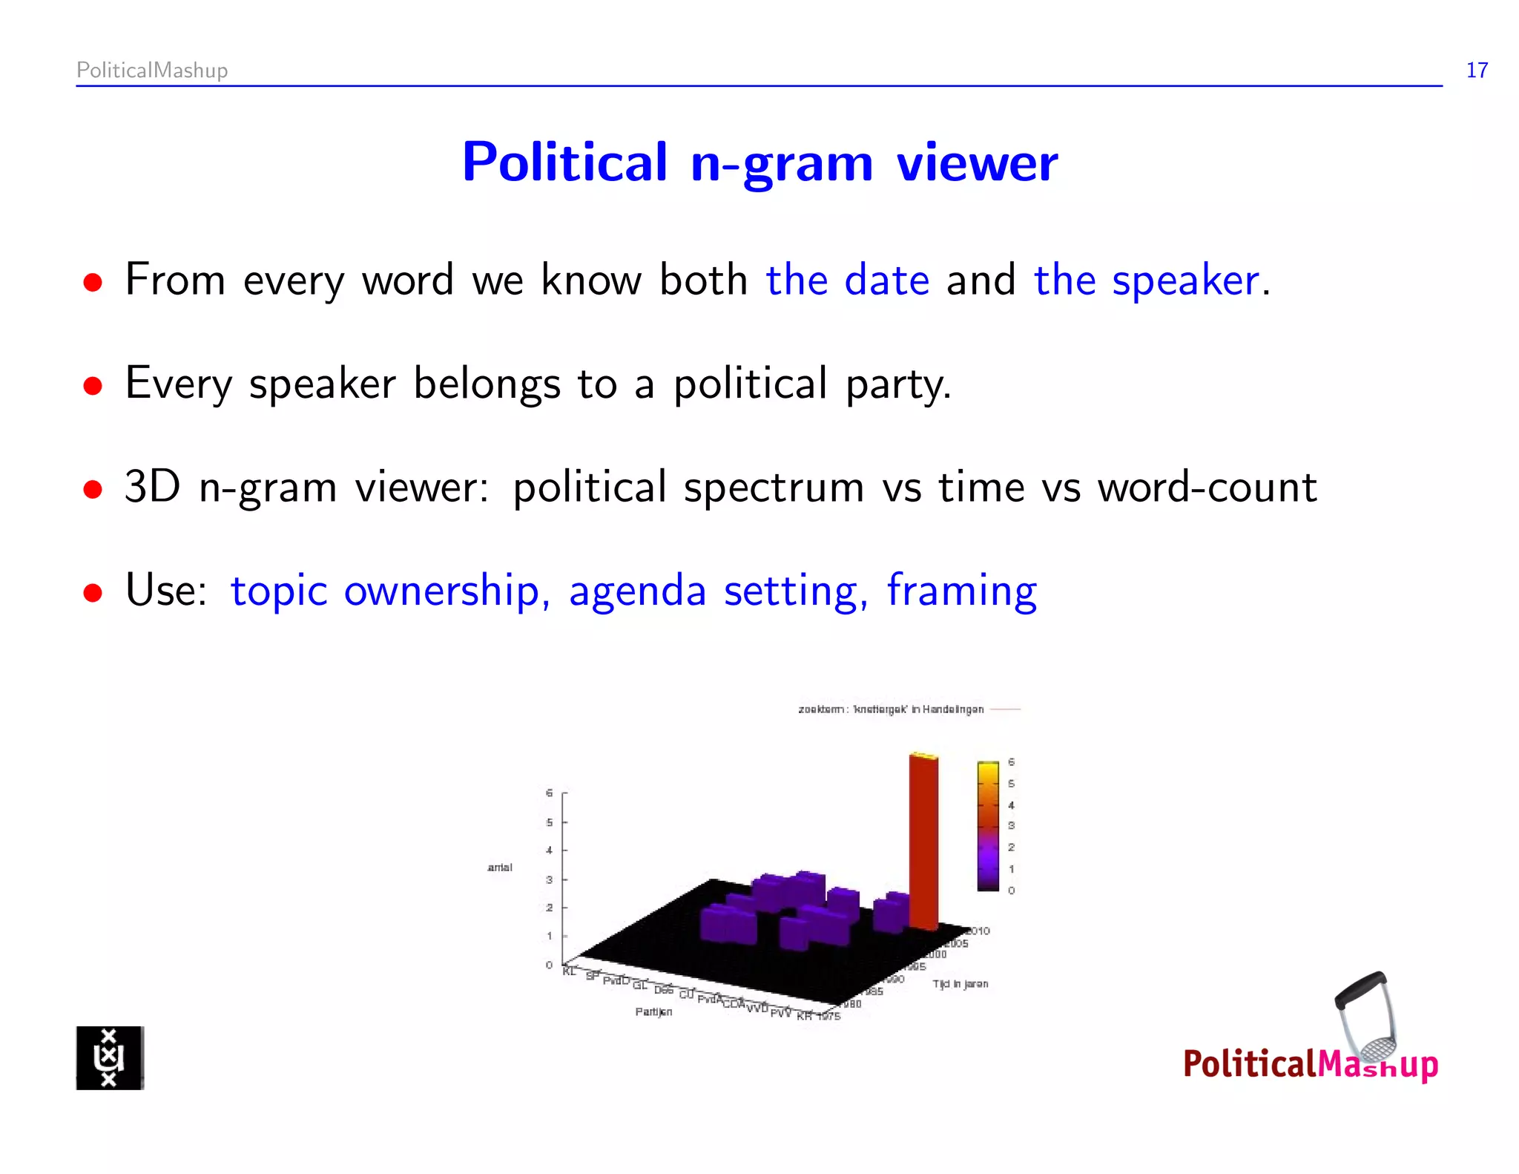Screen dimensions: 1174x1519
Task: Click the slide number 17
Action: (x=1476, y=70)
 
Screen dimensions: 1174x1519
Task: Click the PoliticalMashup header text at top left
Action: (x=152, y=70)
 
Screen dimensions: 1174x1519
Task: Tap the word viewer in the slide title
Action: (x=977, y=163)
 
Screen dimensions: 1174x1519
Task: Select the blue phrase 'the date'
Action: (x=847, y=281)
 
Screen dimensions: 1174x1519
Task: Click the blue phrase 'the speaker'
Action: (x=1147, y=281)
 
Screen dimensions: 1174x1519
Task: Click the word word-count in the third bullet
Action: (x=1207, y=488)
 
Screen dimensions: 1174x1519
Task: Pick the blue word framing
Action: (x=961, y=591)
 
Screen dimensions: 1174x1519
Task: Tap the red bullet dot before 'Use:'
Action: (x=93, y=593)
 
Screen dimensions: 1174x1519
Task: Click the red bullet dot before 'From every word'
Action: (x=93, y=283)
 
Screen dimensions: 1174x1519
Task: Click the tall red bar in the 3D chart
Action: (x=923, y=842)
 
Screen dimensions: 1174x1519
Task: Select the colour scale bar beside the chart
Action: (x=988, y=825)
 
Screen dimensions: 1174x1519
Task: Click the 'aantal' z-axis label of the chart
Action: (x=500, y=867)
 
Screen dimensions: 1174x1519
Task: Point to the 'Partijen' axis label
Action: (x=653, y=1011)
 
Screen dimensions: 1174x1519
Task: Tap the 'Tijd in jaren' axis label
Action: (x=961, y=984)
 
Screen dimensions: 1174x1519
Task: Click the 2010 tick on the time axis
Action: (x=978, y=931)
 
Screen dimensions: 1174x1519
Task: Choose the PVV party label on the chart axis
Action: (x=780, y=1013)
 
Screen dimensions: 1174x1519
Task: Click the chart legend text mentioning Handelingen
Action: (x=891, y=709)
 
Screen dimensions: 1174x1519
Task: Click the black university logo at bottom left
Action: (x=110, y=1057)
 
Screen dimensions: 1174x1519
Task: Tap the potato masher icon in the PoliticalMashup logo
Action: (x=1367, y=1017)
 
